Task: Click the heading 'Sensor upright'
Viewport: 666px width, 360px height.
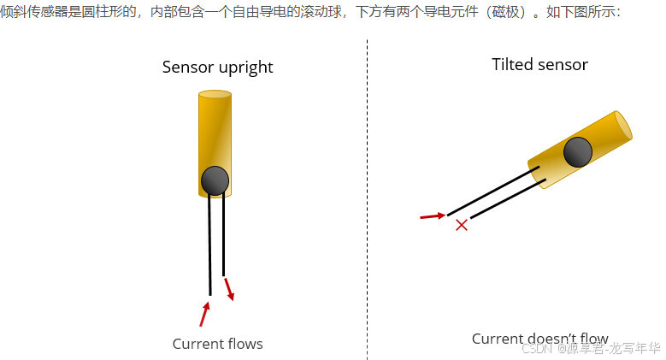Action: click(x=217, y=68)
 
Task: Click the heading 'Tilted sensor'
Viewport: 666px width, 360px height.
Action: click(x=539, y=65)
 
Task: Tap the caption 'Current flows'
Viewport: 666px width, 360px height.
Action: click(x=217, y=344)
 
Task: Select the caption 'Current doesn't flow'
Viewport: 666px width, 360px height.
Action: click(x=539, y=339)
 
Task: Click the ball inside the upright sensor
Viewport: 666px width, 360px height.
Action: click(x=215, y=180)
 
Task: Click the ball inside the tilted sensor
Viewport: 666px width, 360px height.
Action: click(x=578, y=152)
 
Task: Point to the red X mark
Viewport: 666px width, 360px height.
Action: click(x=462, y=225)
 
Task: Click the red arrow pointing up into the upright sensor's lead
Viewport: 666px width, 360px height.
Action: click(x=204, y=313)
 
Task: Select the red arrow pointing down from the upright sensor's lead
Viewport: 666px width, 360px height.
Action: click(x=228, y=288)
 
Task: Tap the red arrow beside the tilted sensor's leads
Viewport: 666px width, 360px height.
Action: click(x=432, y=216)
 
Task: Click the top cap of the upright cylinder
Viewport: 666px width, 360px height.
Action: click(x=215, y=95)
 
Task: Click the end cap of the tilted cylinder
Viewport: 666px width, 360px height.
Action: click(x=623, y=126)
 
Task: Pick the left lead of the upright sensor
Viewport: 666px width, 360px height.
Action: click(x=209, y=248)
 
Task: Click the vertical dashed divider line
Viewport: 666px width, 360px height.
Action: click(x=368, y=197)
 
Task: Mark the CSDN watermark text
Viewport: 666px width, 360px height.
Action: click(x=590, y=348)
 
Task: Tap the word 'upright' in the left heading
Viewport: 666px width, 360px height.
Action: click(x=245, y=68)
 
